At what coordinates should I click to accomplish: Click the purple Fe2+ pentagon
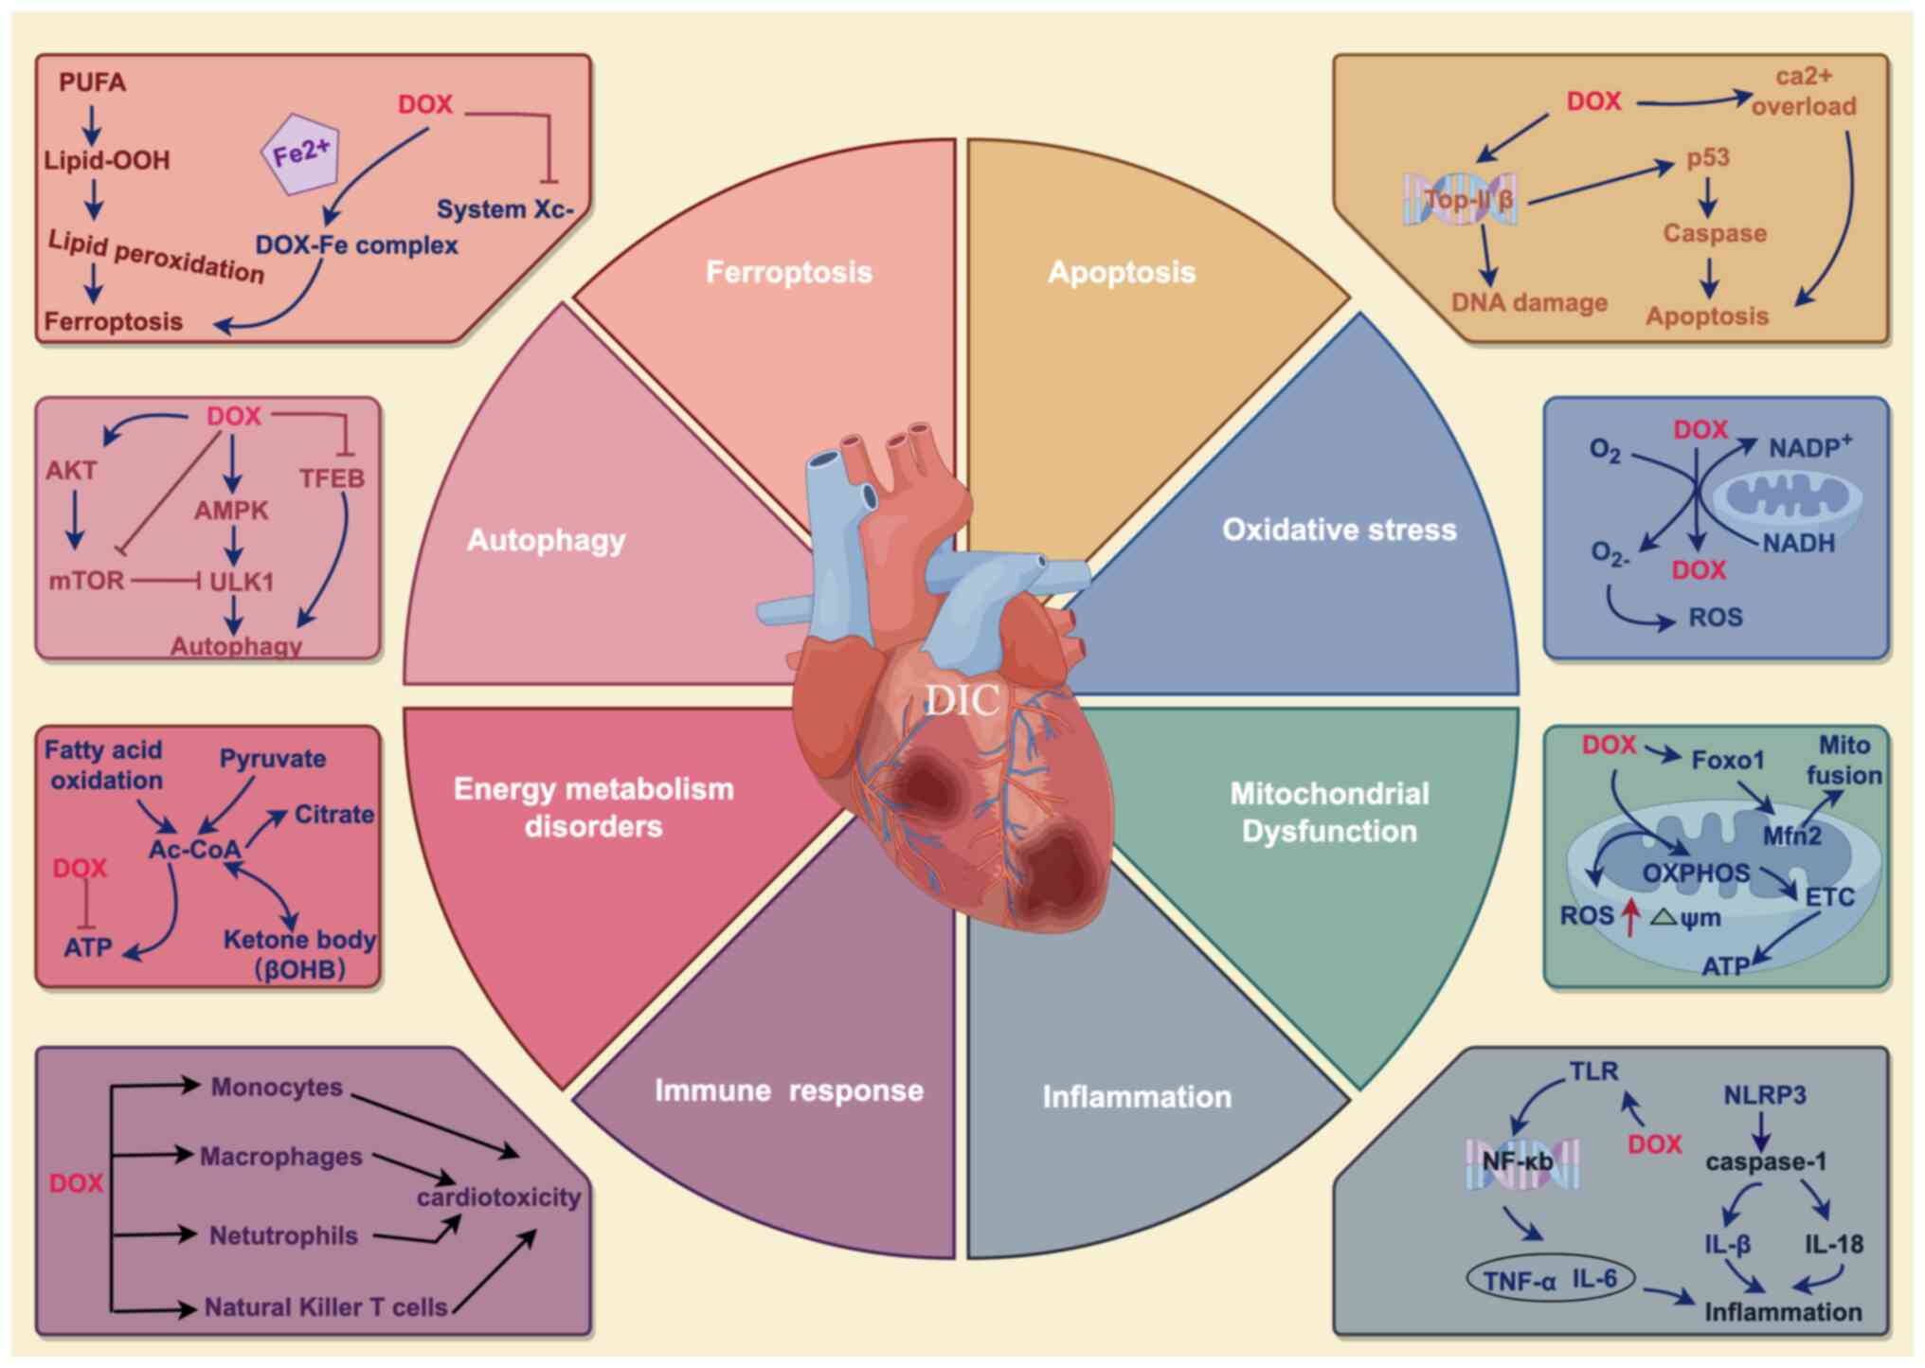click(x=300, y=153)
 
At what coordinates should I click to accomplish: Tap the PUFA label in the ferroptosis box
click(x=92, y=82)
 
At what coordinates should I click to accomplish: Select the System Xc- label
click(x=506, y=209)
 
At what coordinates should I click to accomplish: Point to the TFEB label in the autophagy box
click(x=332, y=478)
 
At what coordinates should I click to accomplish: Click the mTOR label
click(x=86, y=580)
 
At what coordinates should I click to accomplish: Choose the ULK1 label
click(x=241, y=581)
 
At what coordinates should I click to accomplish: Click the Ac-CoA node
click(x=195, y=849)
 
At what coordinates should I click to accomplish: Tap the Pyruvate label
click(x=273, y=759)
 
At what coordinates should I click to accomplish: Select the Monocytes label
click(x=277, y=1087)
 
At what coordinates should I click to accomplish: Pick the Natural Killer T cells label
click(x=326, y=1307)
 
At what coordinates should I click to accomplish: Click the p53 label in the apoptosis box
click(x=1708, y=157)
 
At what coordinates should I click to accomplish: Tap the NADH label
click(x=1798, y=543)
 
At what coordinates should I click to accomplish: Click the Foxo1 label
click(x=1728, y=760)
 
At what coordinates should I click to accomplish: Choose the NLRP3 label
click(x=1764, y=1095)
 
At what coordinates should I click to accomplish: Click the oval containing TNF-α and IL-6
click(x=1550, y=1280)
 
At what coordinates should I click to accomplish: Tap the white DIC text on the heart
click(x=961, y=700)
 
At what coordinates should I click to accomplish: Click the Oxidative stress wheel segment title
click(x=1339, y=530)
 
